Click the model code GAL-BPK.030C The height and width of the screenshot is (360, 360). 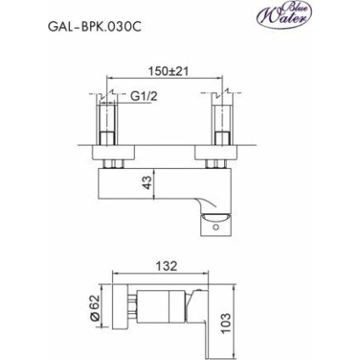[94, 26]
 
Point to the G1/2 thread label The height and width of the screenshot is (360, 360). [144, 96]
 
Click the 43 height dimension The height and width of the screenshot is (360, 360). [145, 183]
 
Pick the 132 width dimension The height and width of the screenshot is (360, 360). [166, 266]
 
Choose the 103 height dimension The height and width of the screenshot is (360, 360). [227, 322]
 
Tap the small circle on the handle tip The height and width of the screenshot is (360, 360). [216, 225]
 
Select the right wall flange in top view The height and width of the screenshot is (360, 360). [220, 151]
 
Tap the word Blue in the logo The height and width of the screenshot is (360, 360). [304, 8]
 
